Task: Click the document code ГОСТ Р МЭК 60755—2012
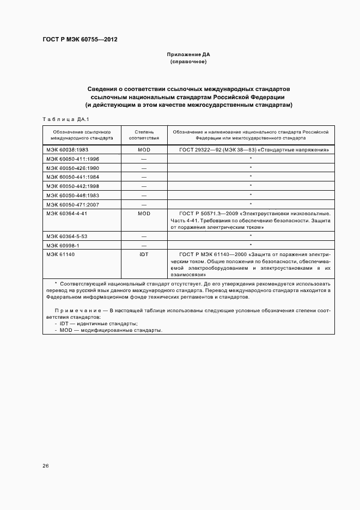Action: (x=80, y=40)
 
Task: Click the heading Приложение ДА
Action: (x=188, y=55)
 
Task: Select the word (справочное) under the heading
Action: (x=188, y=62)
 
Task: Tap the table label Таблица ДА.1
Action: (x=65, y=119)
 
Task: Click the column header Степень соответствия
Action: (x=144, y=135)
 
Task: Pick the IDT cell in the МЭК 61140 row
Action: (x=144, y=254)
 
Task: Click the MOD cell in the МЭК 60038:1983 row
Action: (x=144, y=149)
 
